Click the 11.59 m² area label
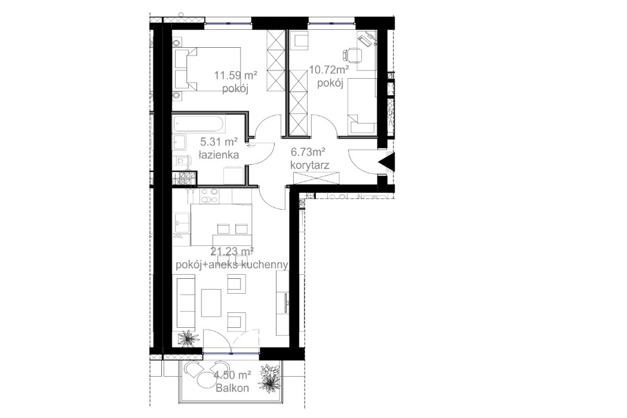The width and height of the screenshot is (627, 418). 236,76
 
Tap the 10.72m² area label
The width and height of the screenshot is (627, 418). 328,70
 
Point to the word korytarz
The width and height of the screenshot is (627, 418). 308,165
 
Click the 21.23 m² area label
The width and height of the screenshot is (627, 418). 232,251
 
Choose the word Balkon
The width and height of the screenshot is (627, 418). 232,387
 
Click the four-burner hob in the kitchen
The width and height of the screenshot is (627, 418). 208,196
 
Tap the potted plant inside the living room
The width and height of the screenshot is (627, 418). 188,339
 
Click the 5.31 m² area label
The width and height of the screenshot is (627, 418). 220,142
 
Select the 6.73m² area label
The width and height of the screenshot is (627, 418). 308,153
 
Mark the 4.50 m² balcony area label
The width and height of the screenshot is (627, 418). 232,375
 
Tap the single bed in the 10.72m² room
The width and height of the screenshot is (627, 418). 362,105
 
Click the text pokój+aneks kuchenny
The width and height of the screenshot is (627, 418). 232,264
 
